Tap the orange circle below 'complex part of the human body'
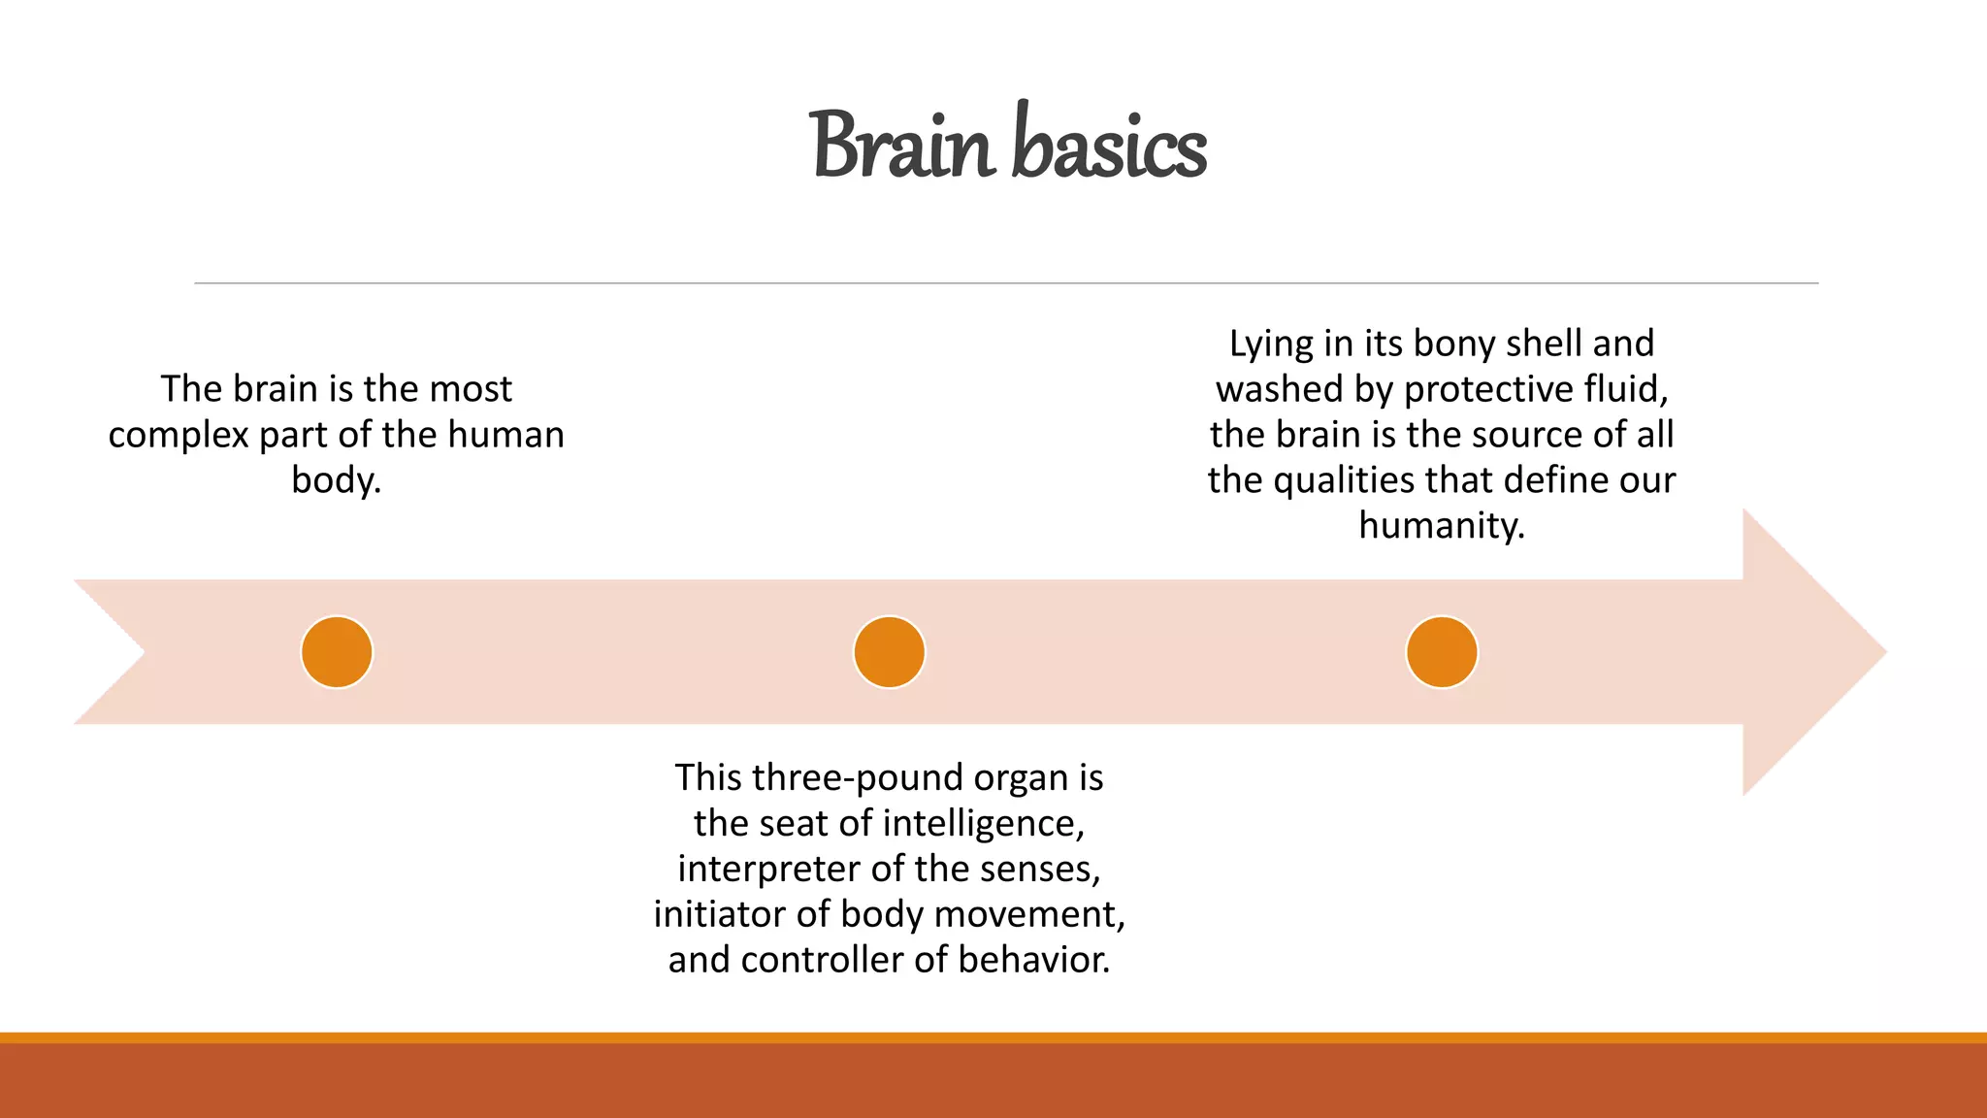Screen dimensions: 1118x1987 point(337,652)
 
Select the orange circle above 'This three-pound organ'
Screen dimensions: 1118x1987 point(889,652)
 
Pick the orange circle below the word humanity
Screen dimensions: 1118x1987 point(1442,652)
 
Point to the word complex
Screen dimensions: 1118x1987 point(179,436)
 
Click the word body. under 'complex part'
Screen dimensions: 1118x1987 point(336,480)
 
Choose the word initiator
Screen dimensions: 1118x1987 point(720,914)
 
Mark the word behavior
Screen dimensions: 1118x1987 point(1034,960)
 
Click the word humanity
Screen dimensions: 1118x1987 point(1442,526)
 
